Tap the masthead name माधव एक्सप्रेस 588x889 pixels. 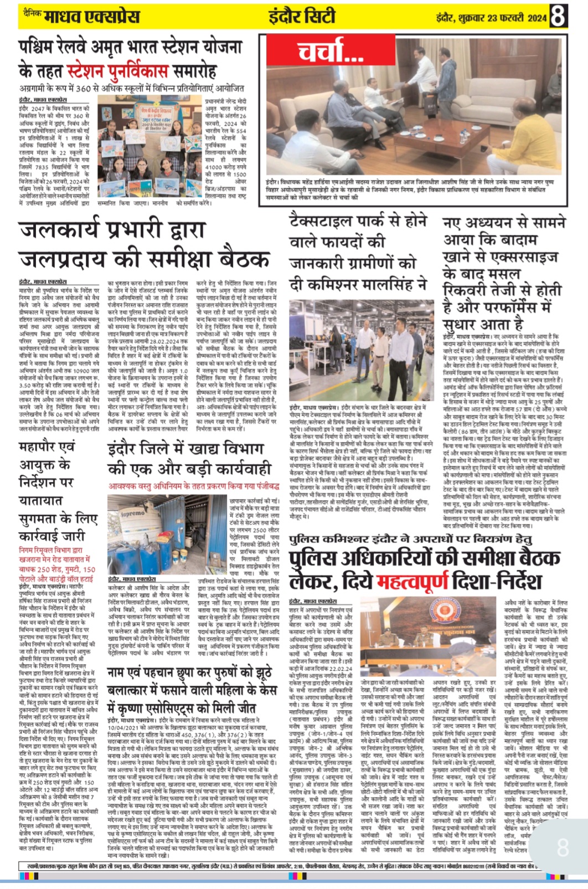pos(92,17)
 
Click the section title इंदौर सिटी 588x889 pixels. pos(302,17)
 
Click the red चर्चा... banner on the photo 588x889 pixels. pos(331,53)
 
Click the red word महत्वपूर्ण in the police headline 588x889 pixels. pos(413,581)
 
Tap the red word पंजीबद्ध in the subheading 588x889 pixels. pos(264,485)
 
